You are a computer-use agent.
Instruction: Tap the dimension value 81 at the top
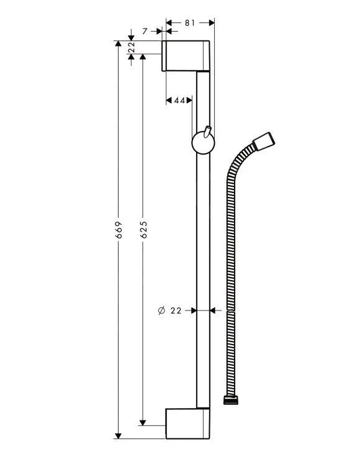(189, 23)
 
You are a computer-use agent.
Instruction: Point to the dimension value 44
(179, 100)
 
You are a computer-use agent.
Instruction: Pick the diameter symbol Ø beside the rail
(160, 310)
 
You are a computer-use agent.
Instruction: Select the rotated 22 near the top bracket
(132, 48)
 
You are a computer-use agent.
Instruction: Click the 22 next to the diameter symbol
(176, 310)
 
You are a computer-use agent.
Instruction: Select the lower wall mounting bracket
(186, 424)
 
